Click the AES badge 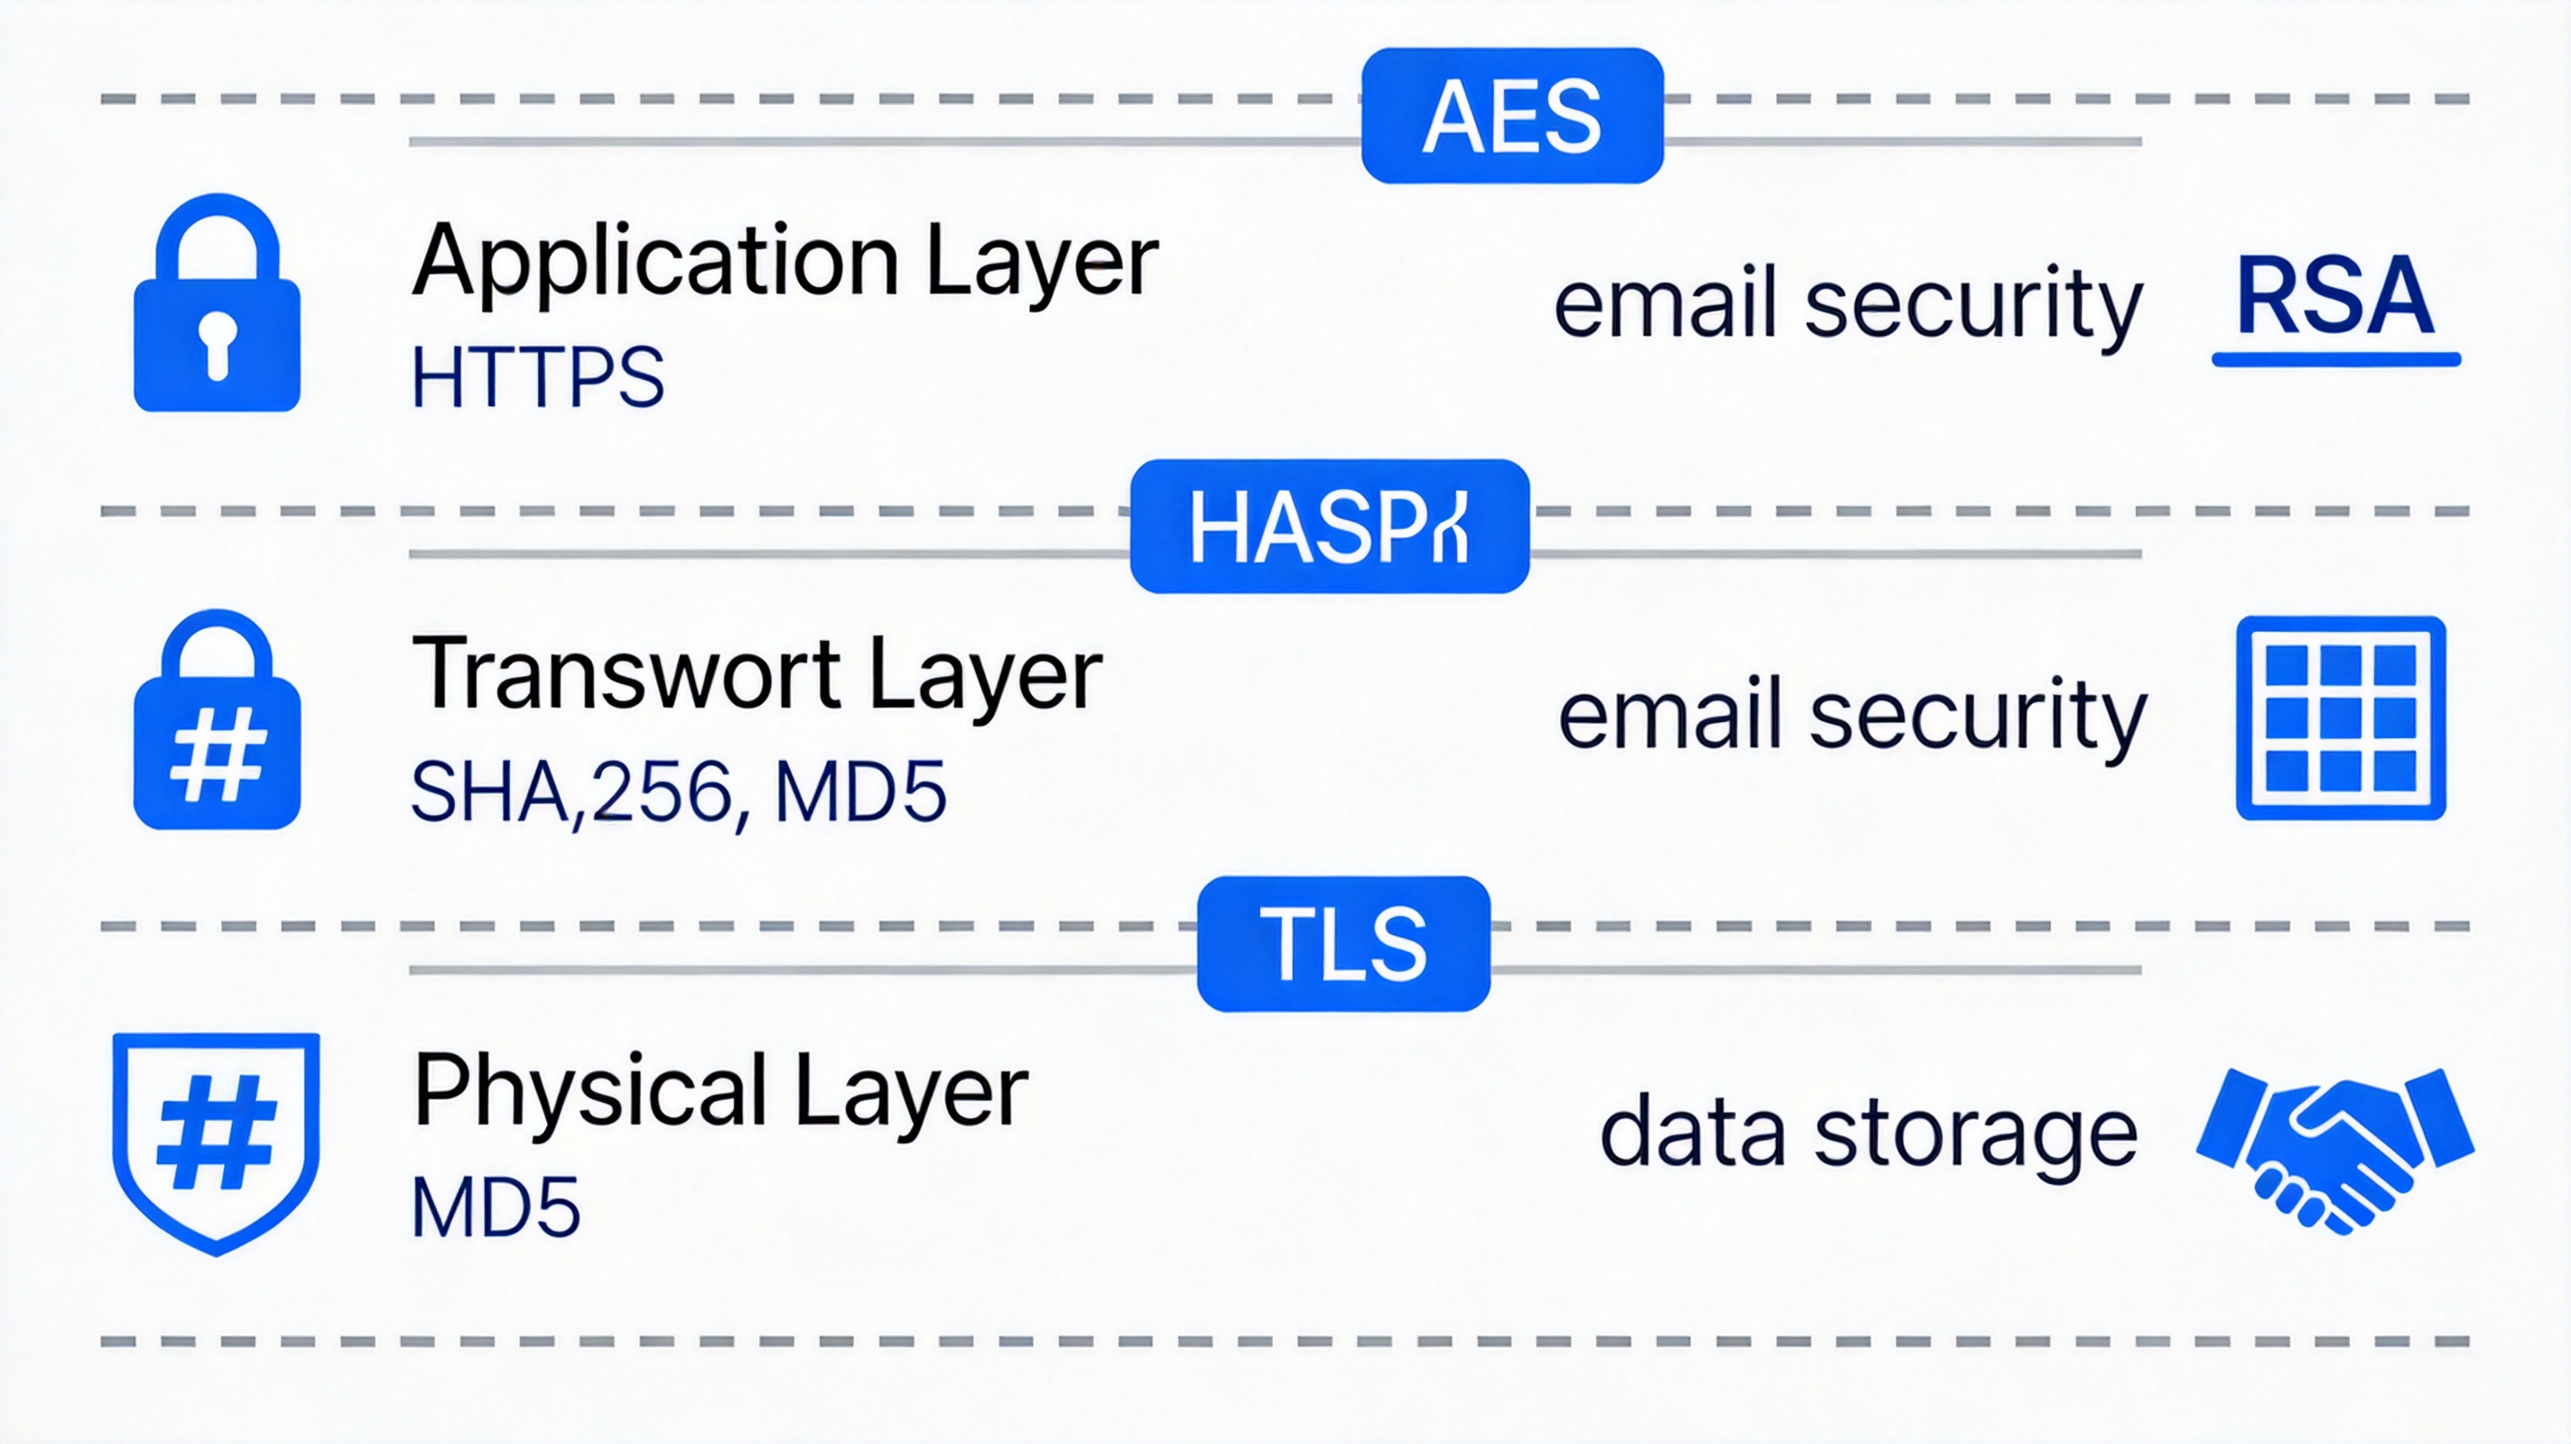(1511, 116)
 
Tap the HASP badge (1329, 527)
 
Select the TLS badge (1343, 944)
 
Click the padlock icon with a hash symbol (217, 720)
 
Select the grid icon (2341, 717)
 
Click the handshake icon (2334, 1148)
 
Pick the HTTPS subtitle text (537, 377)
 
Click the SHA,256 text (573, 792)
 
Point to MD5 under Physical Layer (495, 1208)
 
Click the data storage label (1869, 1134)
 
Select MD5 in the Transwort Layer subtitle (859, 792)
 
